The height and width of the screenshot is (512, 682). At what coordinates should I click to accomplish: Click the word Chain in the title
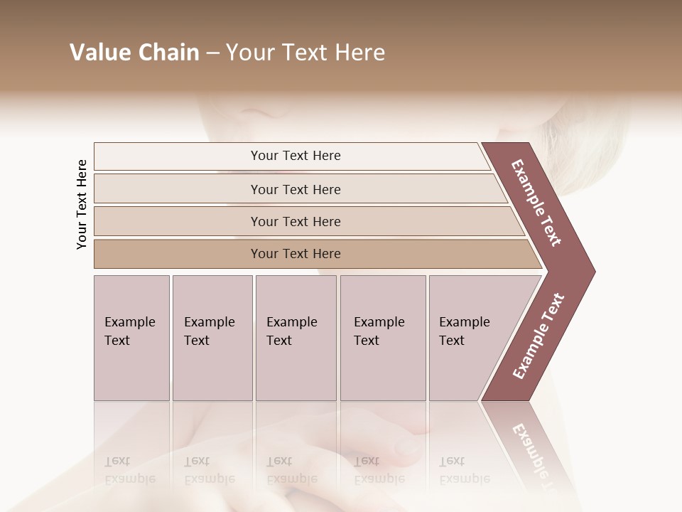[168, 53]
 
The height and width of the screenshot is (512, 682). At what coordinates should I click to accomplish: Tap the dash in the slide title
[212, 53]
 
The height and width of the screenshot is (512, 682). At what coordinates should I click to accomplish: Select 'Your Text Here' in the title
[305, 53]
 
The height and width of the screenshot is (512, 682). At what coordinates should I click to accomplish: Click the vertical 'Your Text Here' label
[82, 205]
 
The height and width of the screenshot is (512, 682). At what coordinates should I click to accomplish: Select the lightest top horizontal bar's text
[296, 156]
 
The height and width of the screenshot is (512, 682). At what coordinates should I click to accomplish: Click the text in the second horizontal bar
[296, 190]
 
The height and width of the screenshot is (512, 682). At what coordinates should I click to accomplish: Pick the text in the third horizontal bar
[296, 222]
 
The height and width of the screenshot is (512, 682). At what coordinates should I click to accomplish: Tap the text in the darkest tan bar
[296, 254]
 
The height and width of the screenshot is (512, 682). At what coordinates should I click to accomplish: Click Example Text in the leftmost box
[129, 331]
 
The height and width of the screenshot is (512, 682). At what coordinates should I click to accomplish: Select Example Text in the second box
[209, 331]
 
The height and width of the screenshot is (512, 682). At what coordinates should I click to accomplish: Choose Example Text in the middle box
[291, 331]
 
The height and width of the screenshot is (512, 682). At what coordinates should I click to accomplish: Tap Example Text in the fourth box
[379, 331]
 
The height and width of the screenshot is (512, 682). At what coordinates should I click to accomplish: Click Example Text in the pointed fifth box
[464, 331]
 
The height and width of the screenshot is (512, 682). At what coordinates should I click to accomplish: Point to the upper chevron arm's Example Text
[536, 203]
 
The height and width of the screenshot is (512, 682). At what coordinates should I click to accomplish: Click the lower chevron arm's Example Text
[538, 336]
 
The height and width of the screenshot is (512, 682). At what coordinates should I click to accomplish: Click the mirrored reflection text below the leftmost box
[129, 470]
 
